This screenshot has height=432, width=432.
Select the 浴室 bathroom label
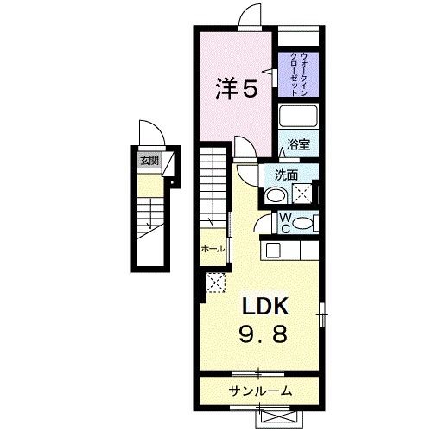pos(298,145)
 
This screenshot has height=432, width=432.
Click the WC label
pos(284,223)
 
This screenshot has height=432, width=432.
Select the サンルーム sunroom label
pos(260,391)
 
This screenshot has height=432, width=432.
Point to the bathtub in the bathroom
pos(299,118)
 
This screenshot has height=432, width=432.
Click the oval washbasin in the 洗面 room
pos(275,195)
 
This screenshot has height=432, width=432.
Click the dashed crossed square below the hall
pos(214,282)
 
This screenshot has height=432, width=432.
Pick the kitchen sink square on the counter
pos(273,251)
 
